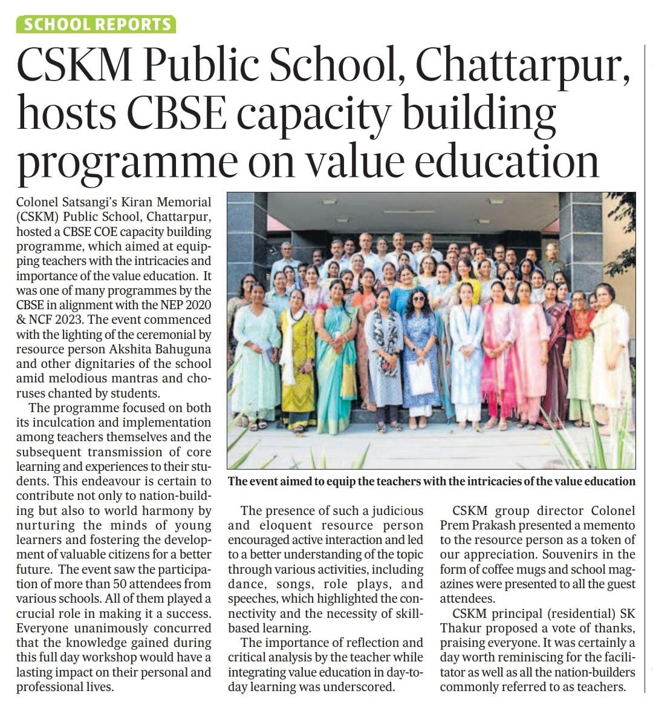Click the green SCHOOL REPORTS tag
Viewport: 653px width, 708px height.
97,24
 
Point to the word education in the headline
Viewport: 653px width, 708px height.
497,162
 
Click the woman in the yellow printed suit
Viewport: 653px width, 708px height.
297,357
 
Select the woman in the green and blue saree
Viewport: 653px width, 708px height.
336,357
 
